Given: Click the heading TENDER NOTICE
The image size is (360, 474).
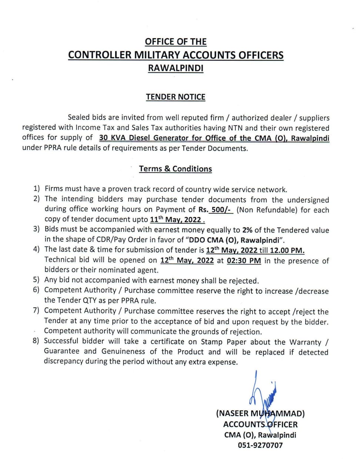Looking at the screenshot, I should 176,97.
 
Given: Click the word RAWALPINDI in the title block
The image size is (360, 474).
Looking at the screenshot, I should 176,68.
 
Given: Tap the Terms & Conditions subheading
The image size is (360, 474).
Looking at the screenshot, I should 176,169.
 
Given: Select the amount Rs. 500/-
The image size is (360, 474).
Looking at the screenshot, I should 216,210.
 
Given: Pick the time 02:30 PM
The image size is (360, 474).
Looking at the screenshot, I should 244,260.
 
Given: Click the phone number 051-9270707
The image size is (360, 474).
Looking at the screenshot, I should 260,445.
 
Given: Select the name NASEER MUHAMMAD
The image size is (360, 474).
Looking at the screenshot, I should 260,413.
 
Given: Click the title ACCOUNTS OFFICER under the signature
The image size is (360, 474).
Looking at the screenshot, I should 260,424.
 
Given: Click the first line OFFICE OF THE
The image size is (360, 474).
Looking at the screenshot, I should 176,42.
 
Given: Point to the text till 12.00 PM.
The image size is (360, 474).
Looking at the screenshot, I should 282,250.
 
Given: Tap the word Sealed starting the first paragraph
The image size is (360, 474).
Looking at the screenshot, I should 79,117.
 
